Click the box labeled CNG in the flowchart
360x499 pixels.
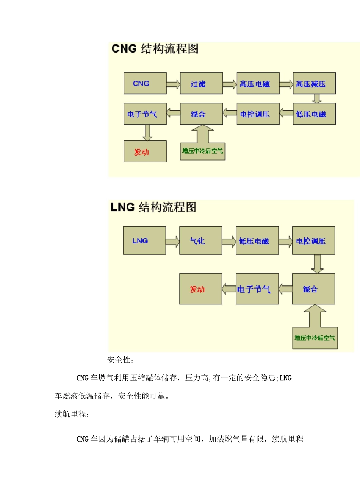[145, 83]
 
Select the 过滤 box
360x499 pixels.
[201, 83]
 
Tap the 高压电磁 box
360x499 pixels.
[258, 83]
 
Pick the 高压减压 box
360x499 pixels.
[314, 83]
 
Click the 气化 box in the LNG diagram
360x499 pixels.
[200, 241]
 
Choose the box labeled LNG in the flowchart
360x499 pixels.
[144, 241]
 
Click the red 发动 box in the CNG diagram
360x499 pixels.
[145, 151]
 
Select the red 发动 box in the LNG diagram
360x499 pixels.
[200, 289]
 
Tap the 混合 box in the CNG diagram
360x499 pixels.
[201, 114]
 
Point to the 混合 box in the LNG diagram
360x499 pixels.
[313, 289]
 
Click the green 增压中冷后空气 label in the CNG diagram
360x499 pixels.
[203, 151]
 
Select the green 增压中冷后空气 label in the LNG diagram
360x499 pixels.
[315, 338]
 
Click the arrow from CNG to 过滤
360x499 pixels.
[173, 84]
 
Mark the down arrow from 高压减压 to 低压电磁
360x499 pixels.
[317, 98]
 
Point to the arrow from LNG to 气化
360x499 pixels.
[172, 242]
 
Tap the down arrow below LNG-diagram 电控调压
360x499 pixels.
[317, 264]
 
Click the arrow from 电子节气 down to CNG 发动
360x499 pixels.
[148, 133]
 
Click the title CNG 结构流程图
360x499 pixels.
[155, 49]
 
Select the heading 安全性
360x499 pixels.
[121, 360]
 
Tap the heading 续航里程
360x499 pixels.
[72, 414]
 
